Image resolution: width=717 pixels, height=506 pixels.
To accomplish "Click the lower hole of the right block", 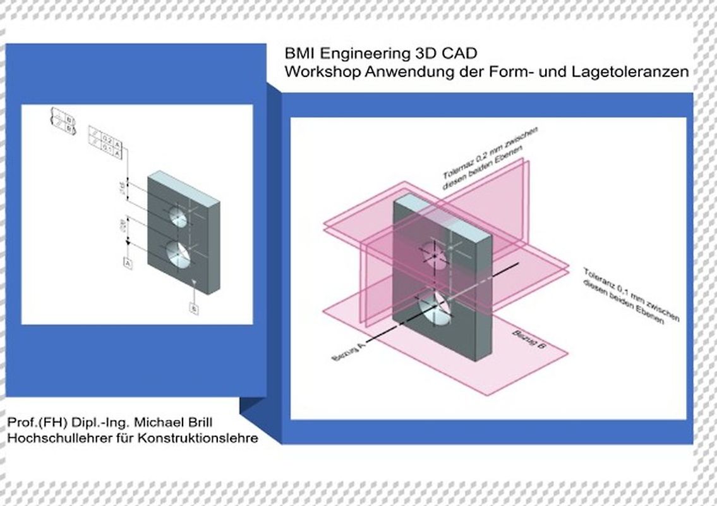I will tap(436, 308).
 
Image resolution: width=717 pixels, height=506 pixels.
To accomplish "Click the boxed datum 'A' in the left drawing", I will tap(128, 262).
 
